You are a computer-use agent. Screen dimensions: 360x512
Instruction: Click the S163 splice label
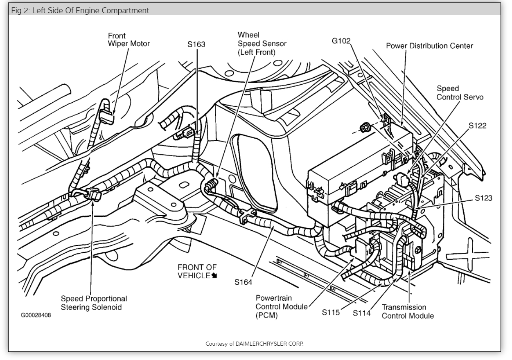coord(196,44)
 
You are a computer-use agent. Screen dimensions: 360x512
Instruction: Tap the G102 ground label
coord(341,41)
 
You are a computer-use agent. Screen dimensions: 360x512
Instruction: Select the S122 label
coord(477,126)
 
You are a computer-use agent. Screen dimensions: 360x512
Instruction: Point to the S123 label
coord(483,198)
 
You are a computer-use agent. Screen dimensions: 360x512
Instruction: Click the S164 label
coord(243,282)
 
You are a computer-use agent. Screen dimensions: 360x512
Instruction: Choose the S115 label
coord(331,313)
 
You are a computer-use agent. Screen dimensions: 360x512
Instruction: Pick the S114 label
coord(361,313)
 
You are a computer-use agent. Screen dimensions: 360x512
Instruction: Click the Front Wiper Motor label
coord(129,40)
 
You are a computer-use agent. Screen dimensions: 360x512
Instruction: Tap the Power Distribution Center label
coord(429,46)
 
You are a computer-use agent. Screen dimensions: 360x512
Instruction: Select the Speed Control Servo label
coord(460,93)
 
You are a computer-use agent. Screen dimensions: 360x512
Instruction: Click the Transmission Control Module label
coord(408,311)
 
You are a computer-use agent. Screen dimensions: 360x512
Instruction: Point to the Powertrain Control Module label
coord(281,306)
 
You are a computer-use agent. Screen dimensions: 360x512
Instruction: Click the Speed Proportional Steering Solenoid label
coord(94,303)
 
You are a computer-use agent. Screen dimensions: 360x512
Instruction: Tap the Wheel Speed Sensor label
coord(262,43)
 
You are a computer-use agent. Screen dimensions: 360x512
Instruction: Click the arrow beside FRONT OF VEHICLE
coord(214,276)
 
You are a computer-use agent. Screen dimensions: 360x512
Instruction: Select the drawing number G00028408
coord(36,315)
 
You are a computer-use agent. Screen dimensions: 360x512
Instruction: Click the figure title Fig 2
coord(80,10)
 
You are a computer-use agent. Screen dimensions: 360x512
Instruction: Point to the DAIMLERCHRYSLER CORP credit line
coord(255,343)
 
